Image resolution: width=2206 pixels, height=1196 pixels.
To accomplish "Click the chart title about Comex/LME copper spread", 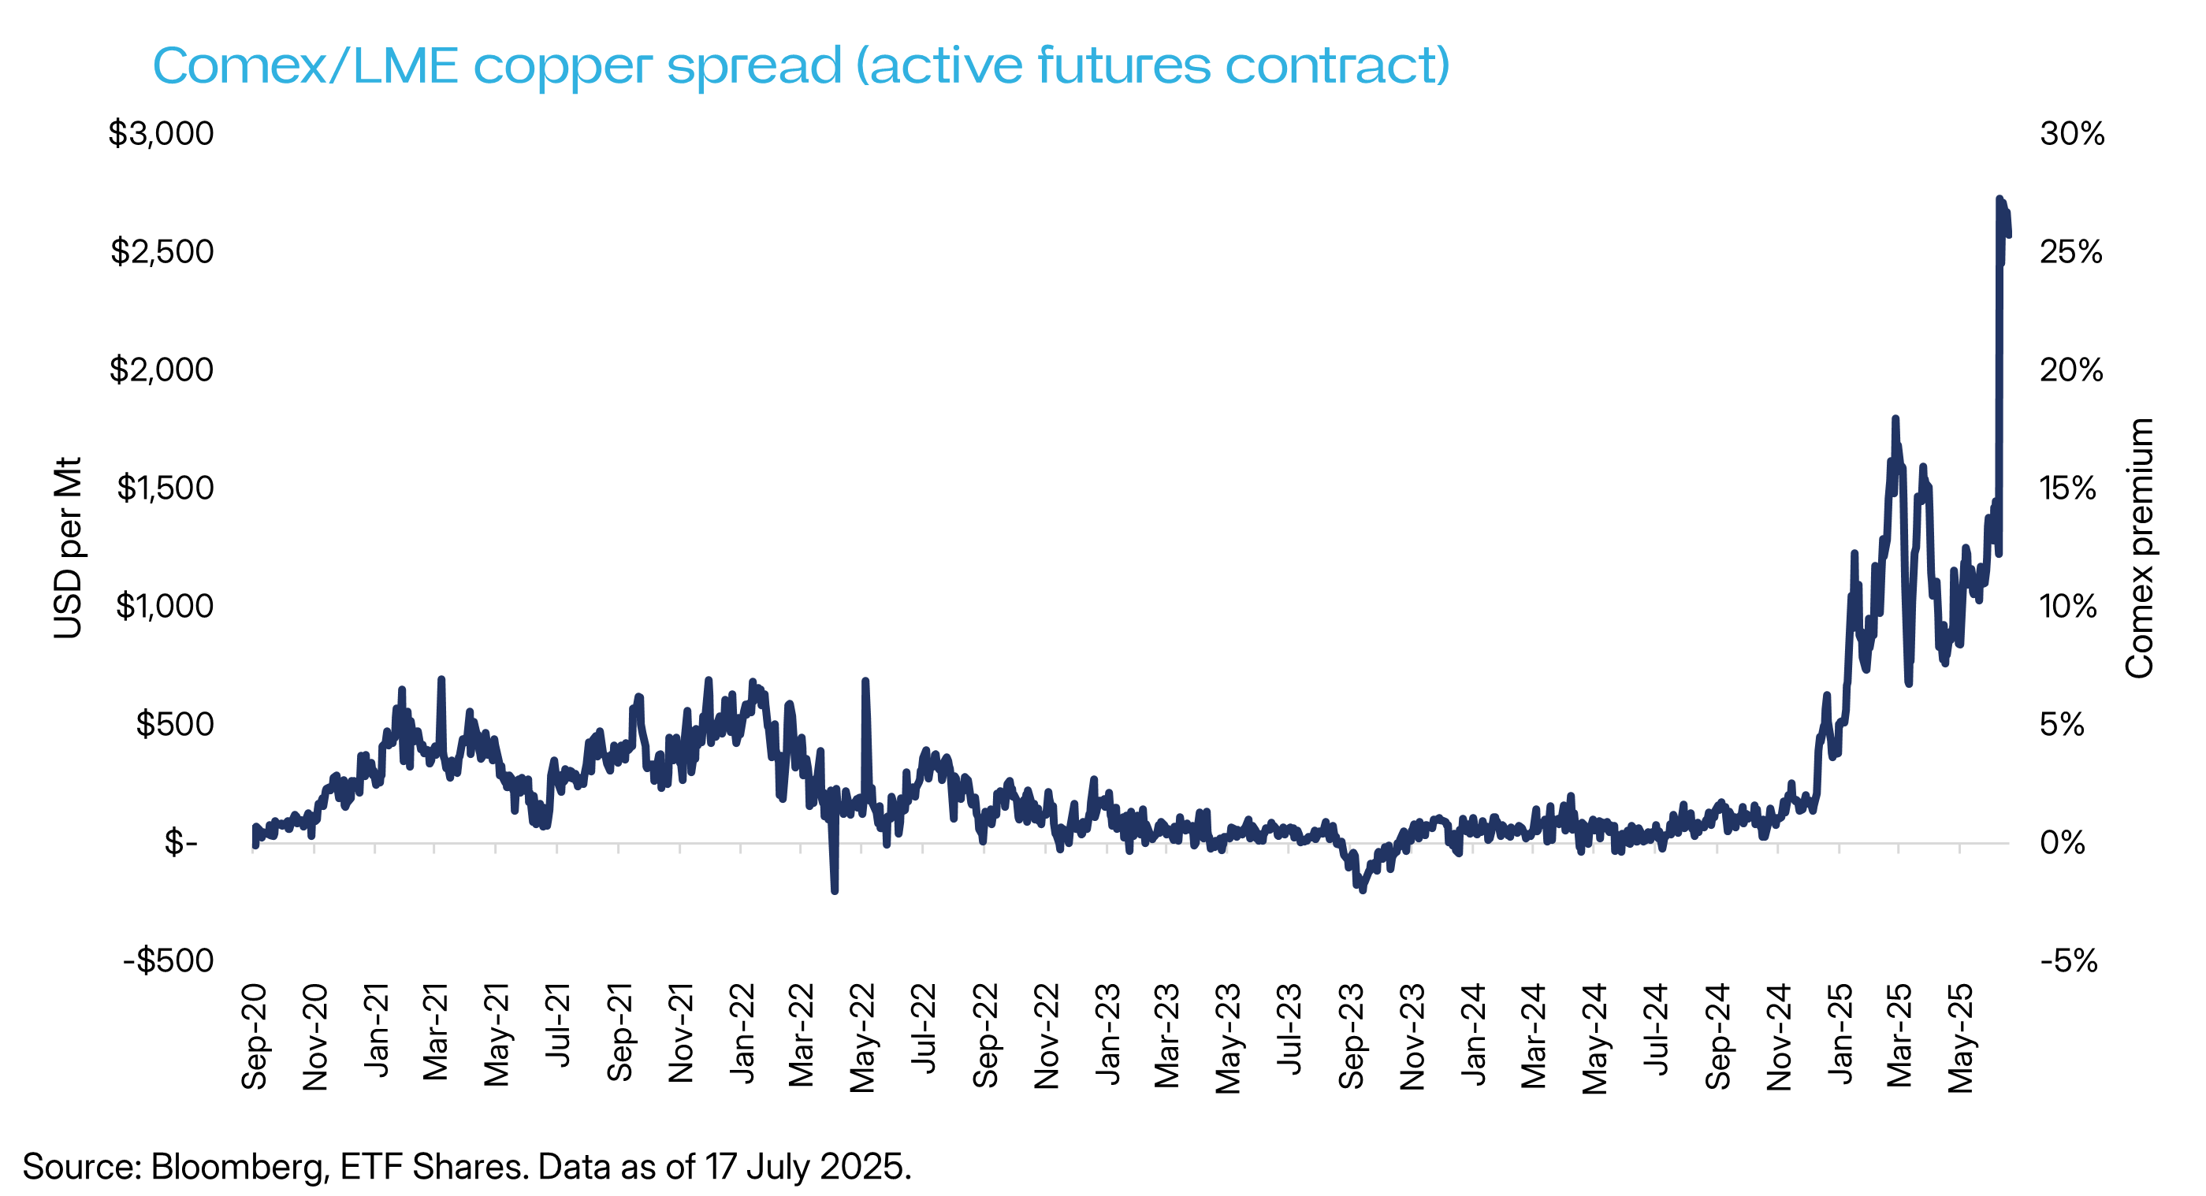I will (x=801, y=65).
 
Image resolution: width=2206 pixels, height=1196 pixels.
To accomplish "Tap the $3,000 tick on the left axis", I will (x=161, y=134).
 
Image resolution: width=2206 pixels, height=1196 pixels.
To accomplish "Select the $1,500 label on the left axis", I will (x=165, y=488).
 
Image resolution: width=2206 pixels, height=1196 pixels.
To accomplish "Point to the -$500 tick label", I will (x=169, y=960).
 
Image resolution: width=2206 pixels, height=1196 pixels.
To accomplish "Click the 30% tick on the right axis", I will (x=2071, y=134).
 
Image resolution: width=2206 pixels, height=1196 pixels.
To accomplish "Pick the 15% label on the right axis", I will (x=2068, y=488).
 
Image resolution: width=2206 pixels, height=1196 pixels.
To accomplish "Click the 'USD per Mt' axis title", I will (x=69, y=548).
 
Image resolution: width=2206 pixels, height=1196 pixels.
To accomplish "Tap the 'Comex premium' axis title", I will (x=2139, y=548).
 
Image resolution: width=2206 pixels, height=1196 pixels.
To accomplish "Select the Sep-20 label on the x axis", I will (x=255, y=1036).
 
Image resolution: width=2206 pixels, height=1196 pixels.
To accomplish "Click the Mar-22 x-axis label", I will (x=802, y=1036).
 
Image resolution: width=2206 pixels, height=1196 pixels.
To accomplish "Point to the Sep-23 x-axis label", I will (x=1351, y=1036).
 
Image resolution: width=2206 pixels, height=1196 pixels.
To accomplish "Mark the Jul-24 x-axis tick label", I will (x=1656, y=1031).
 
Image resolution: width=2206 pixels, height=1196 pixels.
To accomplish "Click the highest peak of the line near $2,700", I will (x=1999, y=199).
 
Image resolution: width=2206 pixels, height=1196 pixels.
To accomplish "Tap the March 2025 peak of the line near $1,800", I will (x=1895, y=418).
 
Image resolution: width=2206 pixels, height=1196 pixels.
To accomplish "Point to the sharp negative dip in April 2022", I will (x=834, y=891).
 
